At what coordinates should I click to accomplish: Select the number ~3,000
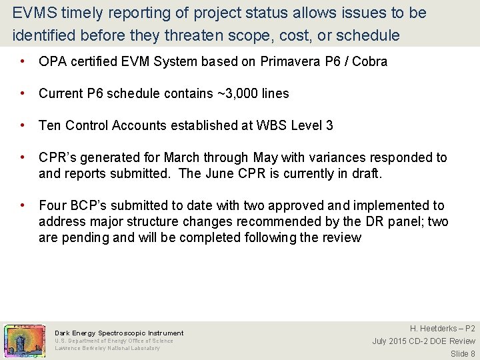[241, 93]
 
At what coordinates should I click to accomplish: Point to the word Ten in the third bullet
[50, 125]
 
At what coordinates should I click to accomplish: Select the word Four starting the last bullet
[53, 205]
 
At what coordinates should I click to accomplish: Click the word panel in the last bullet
[401, 221]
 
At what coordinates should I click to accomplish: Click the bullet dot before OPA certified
[23, 61]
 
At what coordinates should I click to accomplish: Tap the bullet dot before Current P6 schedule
[23, 93]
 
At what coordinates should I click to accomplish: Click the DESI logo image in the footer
[25, 340]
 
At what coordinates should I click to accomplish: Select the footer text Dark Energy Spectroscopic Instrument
[119, 333]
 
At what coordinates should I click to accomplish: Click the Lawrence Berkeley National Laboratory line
[107, 348]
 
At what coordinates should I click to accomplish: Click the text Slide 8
[463, 353]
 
